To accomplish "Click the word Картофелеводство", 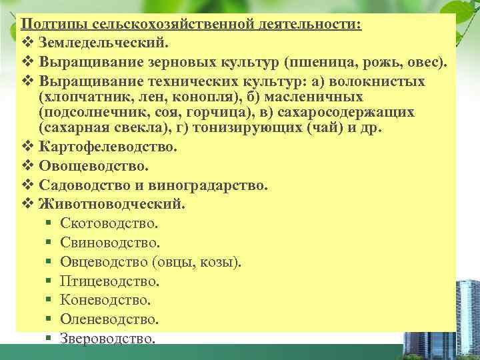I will click(x=109, y=147).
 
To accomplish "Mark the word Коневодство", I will click(x=105, y=301).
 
